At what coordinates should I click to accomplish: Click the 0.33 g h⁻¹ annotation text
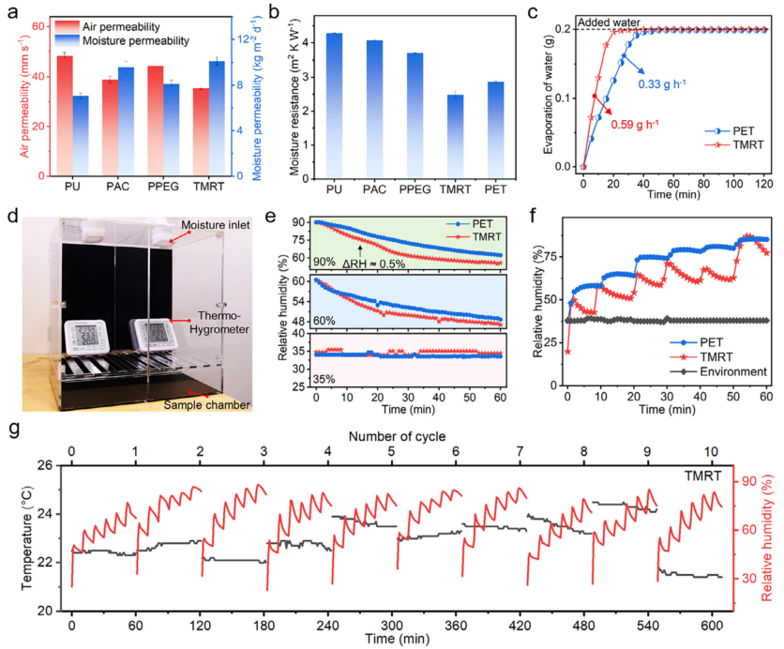point(660,84)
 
